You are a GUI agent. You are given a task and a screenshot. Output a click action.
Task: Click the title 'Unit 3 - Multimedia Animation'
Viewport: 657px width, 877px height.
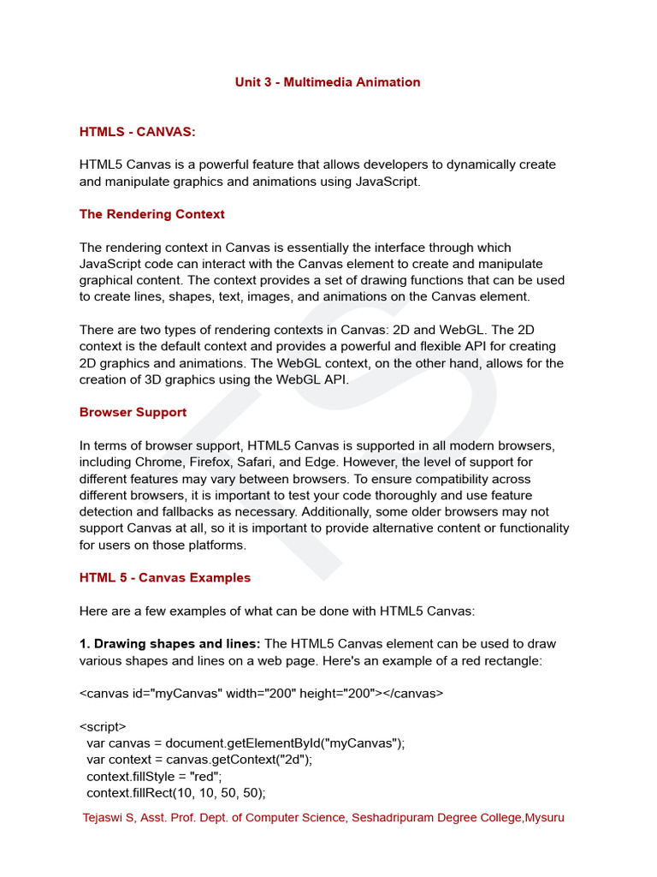coord(328,82)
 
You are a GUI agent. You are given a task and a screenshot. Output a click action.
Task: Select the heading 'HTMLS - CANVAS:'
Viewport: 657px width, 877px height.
coord(138,132)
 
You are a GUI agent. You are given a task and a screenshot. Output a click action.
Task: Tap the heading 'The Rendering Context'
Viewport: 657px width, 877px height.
coord(152,214)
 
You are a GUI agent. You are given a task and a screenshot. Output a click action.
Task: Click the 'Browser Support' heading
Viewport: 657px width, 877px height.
coord(133,412)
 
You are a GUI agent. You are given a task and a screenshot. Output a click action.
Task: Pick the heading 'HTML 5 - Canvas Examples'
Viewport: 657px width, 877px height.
coord(165,577)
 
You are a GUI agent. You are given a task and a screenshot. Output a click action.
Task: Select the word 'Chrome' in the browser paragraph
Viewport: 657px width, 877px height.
coord(157,462)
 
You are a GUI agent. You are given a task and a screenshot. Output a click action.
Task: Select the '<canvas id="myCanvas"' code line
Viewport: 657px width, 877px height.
coord(262,693)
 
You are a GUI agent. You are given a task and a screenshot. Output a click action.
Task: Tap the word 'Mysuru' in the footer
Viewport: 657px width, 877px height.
coord(545,817)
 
